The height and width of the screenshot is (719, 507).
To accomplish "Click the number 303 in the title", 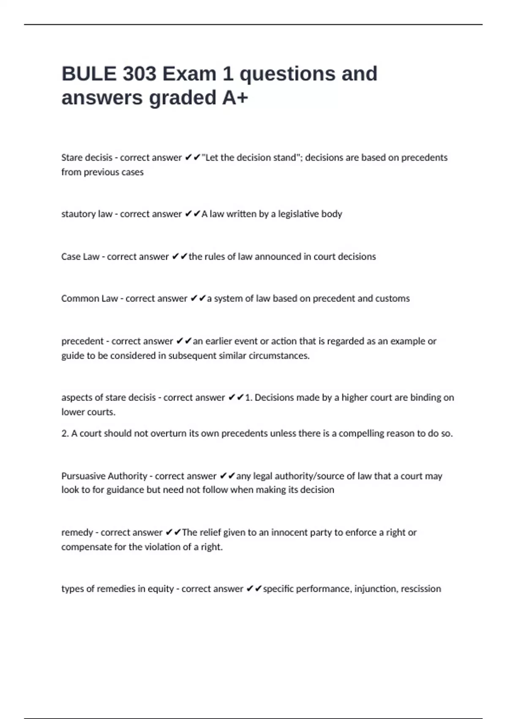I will (x=139, y=74).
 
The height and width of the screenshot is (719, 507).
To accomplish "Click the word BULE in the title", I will (x=89, y=74).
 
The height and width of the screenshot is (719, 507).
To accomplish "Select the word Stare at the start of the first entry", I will (x=72, y=158).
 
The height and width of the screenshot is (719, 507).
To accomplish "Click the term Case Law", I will (x=80, y=257).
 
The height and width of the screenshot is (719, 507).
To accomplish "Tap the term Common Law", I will (x=90, y=299).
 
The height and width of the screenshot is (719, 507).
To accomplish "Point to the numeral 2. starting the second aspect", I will (x=65, y=434).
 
